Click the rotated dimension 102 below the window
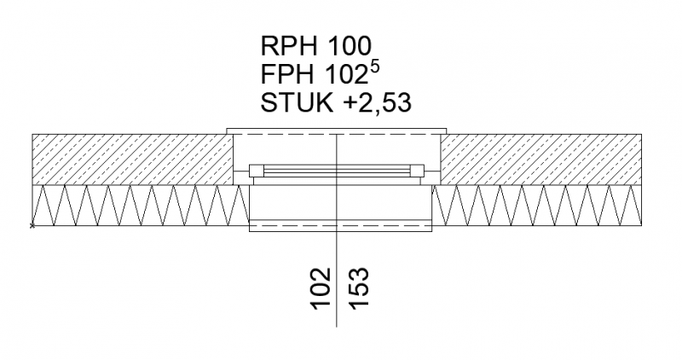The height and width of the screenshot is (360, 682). [321, 287]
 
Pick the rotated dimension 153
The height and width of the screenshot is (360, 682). [358, 287]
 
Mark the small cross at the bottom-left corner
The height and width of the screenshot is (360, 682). [32, 226]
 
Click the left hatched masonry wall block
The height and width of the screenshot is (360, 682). [132, 159]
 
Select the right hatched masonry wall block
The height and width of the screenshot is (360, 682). [540, 159]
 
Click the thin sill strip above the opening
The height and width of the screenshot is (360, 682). [337, 131]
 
